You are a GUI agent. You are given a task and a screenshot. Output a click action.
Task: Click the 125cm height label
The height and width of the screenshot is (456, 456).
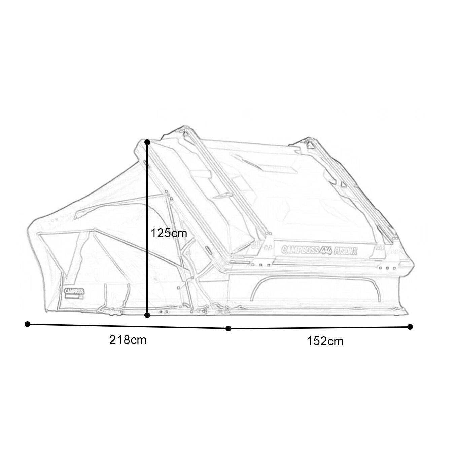tap(169, 233)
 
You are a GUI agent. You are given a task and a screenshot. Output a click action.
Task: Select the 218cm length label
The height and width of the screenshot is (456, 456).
tap(128, 340)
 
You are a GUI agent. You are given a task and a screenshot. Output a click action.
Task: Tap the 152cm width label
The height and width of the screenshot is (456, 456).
tap(325, 341)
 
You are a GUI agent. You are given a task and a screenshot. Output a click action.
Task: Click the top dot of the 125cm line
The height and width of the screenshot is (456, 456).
tap(147, 142)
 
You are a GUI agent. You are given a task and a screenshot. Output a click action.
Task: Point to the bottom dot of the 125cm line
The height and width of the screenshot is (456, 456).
tap(147, 315)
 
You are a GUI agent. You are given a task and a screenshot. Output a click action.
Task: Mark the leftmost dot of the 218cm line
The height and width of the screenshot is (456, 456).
tap(28, 324)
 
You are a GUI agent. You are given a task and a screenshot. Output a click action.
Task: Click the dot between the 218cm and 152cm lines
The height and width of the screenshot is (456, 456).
tap(229, 328)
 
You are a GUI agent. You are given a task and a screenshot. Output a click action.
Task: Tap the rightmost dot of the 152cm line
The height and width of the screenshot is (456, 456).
tap(410, 326)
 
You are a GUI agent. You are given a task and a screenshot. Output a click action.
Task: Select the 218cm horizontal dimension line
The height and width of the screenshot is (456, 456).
tap(128, 326)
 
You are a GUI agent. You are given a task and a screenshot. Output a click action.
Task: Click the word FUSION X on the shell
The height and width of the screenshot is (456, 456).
tap(345, 249)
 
